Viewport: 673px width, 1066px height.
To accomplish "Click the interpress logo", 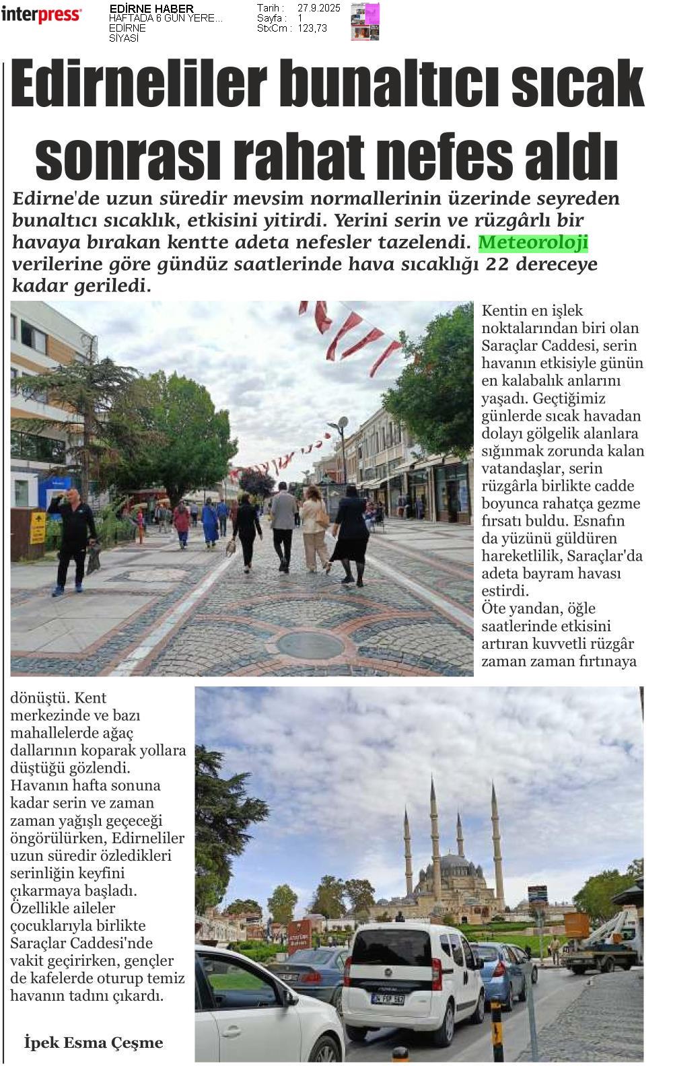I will [41, 14].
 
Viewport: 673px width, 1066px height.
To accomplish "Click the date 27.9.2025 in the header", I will [319, 8].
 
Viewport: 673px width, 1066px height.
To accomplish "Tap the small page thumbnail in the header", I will [365, 22].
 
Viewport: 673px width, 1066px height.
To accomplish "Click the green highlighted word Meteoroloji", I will [533, 242].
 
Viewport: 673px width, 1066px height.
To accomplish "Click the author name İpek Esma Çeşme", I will [94, 1042].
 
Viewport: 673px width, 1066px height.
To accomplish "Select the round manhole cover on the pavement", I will [310, 645].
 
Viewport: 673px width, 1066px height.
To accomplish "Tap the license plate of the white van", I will [388, 999].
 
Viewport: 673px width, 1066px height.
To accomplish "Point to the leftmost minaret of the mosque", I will [408, 851].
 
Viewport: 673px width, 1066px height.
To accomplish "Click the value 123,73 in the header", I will [312, 28].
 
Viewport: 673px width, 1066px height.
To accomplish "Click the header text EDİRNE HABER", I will [151, 9].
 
